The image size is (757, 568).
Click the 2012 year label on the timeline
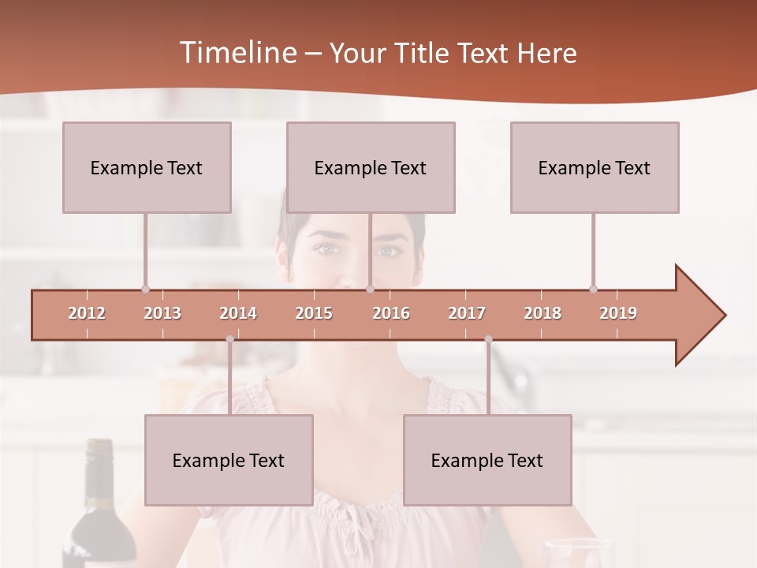click(87, 313)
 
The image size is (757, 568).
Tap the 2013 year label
click(162, 313)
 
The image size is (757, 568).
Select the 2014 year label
click(238, 313)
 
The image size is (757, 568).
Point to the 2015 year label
click(314, 313)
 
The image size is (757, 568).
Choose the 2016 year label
click(391, 313)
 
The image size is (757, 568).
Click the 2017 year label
click(467, 313)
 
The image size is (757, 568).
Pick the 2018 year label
click(543, 313)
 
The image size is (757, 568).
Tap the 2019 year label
click(618, 313)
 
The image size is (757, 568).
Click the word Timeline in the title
click(237, 53)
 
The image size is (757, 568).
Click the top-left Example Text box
click(147, 167)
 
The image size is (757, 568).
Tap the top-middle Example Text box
click(371, 167)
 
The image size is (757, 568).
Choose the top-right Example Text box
click(595, 167)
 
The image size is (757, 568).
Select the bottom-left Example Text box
click(229, 460)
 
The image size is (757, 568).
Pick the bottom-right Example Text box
click(487, 460)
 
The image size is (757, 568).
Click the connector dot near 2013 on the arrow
click(145, 289)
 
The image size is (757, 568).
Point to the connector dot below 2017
click(488, 339)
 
